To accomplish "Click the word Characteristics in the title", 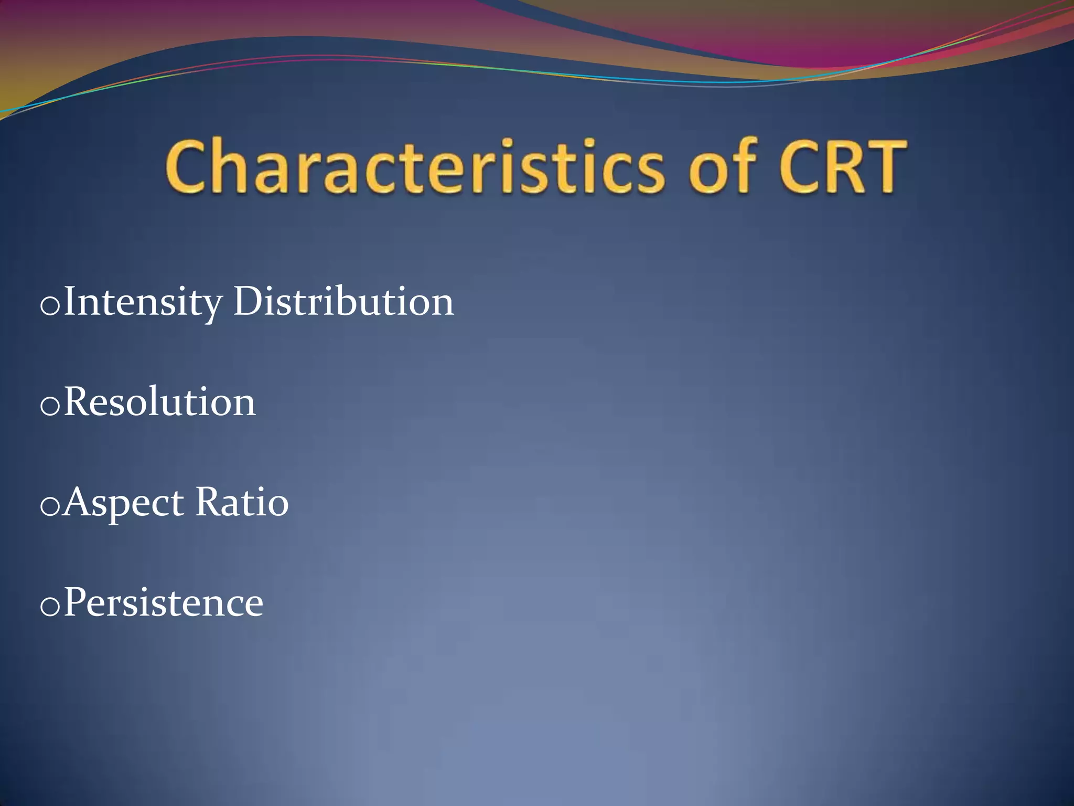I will tap(414, 167).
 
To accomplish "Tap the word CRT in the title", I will tap(842, 167).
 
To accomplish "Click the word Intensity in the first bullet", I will tap(143, 303).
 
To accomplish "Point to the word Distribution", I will tap(343, 302).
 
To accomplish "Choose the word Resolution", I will tap(159, 402).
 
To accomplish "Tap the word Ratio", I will tap(242, 502).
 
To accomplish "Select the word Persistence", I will tap(163, 603).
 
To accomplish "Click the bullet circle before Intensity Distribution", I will tap(50, 306).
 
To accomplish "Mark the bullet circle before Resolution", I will tap(50, 407).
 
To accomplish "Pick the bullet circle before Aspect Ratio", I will tap(50, 507).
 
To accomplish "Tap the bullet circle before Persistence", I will tap(50, 607).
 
